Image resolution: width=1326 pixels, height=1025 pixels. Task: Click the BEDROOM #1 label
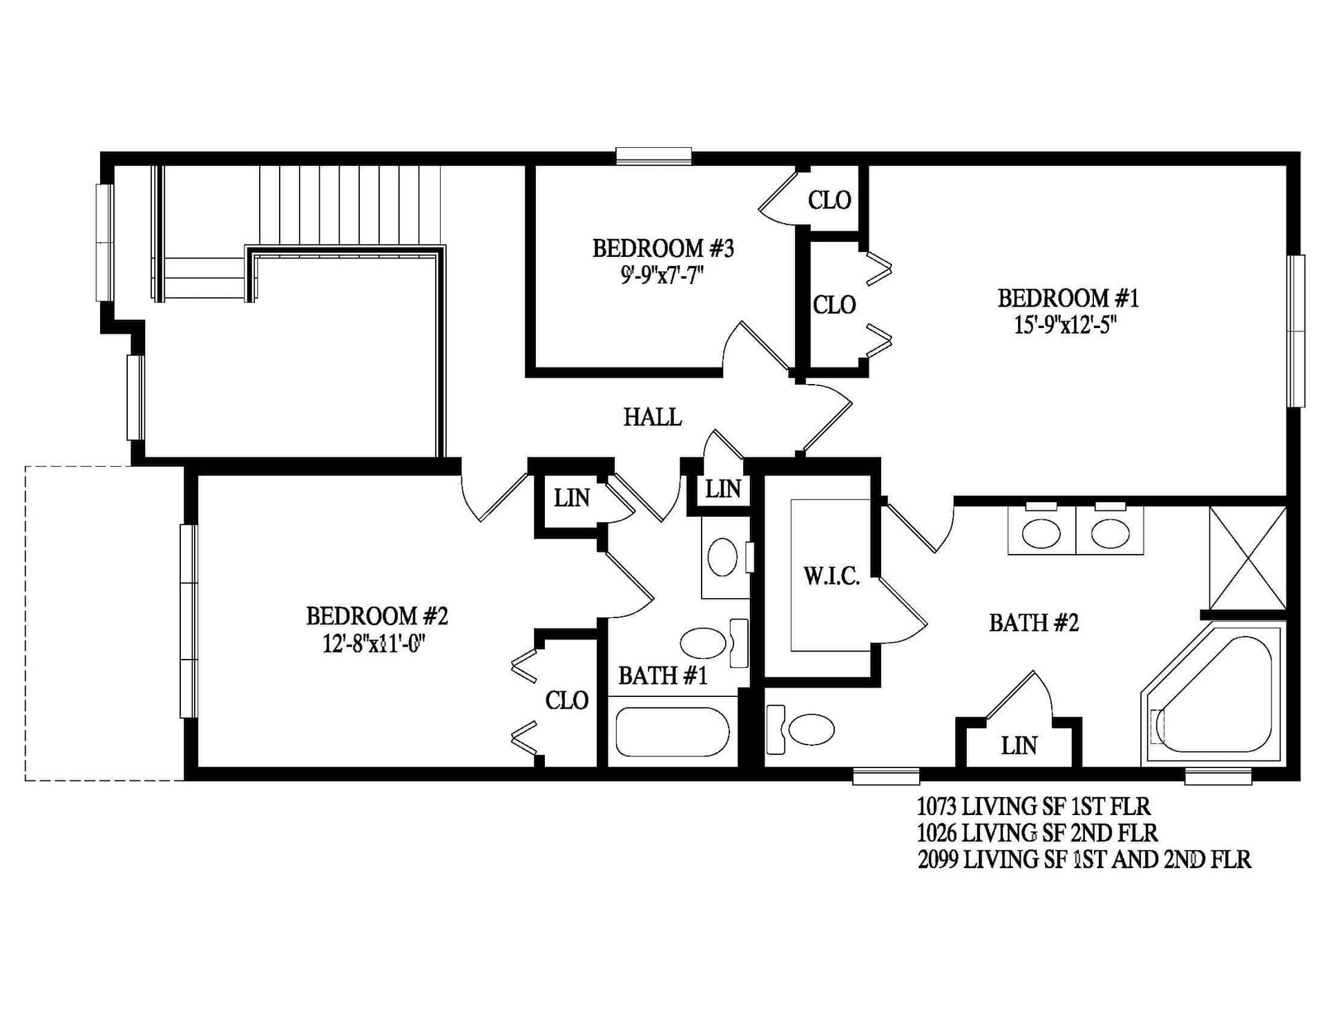click(x=1068, y=298)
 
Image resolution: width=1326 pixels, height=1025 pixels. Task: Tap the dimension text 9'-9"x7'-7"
click(x=662, y=276)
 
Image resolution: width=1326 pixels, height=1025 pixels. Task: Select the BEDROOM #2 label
click(x=377, y=615)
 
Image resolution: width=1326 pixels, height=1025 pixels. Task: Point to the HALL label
click(x=652, y=417)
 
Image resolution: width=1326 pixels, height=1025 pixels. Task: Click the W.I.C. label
click(x=831, y=576)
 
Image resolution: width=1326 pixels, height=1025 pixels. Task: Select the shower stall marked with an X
click(x=1248, y=558)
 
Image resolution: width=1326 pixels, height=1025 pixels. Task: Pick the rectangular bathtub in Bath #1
click(x=672, y=732)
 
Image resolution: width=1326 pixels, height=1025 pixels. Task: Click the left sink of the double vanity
click(x=1041, y=534)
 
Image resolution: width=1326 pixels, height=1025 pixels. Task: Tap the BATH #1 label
click(x=662, y=676)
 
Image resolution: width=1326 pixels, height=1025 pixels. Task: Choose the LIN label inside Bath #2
click(x=1019, y=746)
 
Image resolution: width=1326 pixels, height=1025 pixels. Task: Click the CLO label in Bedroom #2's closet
click(x=566, y=700)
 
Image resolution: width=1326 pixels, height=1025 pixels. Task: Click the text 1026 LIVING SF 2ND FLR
click(x=1037, y=833)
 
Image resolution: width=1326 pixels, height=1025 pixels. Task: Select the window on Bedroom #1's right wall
click(x=1296, y=331)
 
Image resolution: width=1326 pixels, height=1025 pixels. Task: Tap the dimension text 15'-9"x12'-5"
click(x=1065, y=325)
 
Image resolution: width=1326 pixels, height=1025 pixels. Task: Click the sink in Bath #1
click(x=722, y=557)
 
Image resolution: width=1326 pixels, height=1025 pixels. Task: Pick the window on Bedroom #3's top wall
click(x=653, y=156)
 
